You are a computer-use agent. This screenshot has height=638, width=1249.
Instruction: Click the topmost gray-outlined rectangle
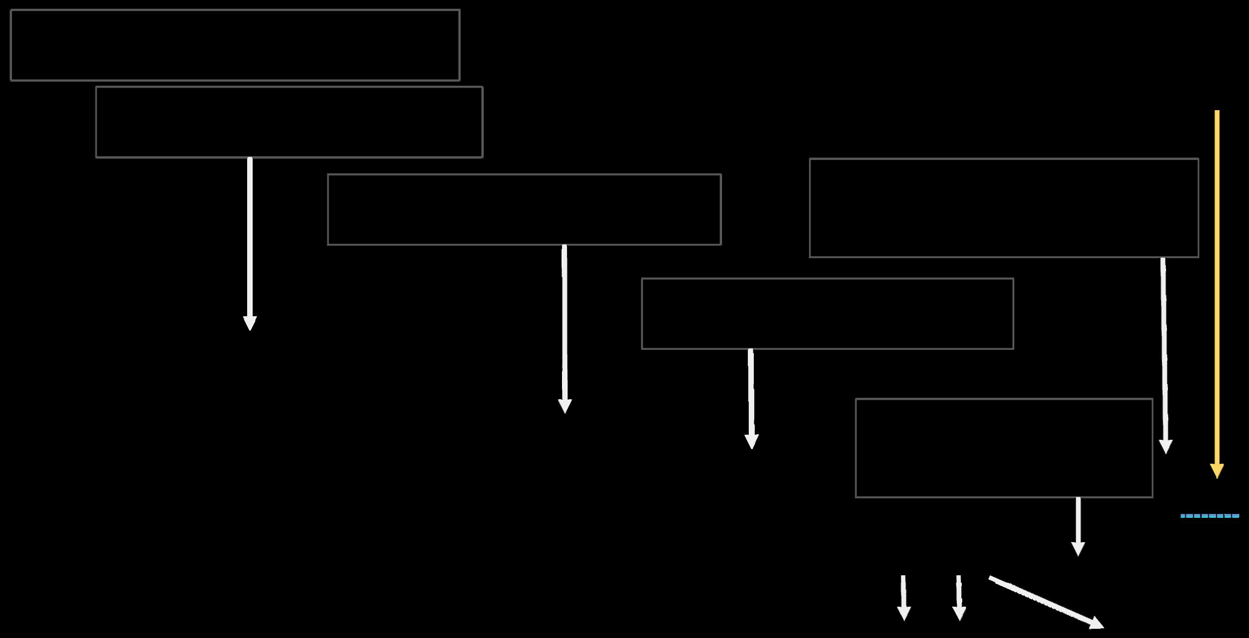click(235, 45)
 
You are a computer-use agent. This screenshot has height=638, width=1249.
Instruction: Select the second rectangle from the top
click(289, 122)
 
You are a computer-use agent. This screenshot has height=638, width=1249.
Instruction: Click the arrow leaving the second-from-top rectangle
click(250, 242)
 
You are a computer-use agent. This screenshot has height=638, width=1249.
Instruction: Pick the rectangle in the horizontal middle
click(524, 209)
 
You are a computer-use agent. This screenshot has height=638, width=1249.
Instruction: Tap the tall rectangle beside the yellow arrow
click(1004, 207)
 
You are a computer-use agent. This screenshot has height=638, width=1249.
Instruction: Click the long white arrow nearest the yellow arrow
click(1164, 354)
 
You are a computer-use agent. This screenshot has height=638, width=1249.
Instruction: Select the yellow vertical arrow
click(1217, 291)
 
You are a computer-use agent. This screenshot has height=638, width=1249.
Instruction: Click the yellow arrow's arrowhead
click(1217, 471)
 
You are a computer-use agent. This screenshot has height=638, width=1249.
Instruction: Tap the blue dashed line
click(1209, 516)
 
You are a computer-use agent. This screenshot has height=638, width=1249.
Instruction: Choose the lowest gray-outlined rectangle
click(1004, 448)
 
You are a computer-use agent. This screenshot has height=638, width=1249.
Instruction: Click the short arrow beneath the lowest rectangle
click(1078, 526)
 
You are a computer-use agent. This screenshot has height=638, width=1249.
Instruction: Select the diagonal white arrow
click(1042, 601)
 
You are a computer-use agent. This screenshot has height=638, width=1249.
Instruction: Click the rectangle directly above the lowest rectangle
click(827, 313)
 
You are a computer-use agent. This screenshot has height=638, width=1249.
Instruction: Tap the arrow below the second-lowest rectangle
click(751, 397)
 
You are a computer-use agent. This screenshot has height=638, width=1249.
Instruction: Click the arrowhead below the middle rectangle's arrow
click(565, 406)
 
